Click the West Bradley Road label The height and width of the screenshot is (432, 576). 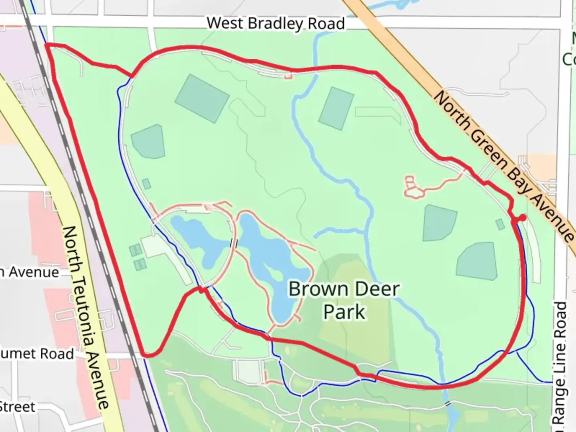pyautogui.click(x=276, y=24)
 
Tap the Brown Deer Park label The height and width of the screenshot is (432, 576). pyautogui.click(x=344, y=300)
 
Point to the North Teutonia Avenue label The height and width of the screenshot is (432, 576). pyautogui.click(x=86, y=316)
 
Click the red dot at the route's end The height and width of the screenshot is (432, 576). pyautogui.click(x=522, y=217)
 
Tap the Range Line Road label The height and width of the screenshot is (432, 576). pyautogui.click(x=561, y=364)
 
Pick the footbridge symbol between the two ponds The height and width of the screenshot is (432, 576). pyautogui.click(x=234, y=243)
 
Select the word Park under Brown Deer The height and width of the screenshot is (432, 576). pyautogui.click(x=344, y=312)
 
